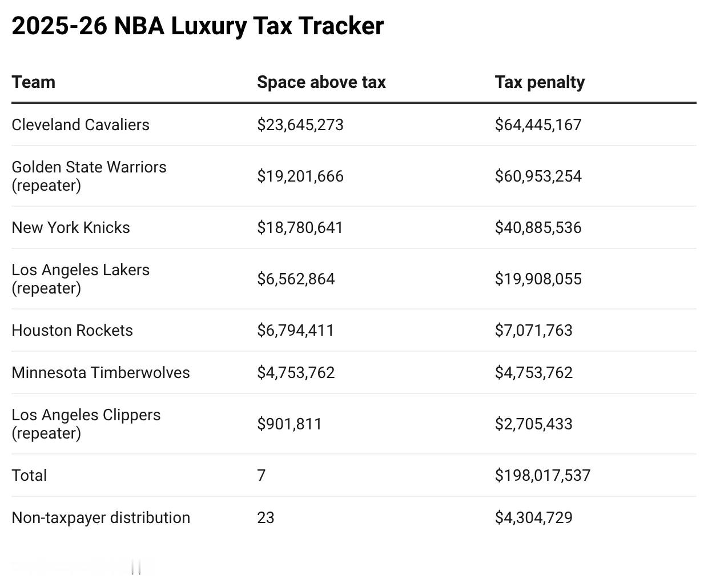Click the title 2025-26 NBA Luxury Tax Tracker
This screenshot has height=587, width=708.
pyautogui.click(x=198, y=26)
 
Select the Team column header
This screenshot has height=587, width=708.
pyautogui.click(x=34, y=82)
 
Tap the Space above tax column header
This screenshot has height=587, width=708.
pyautogui.click(x=321, y=82)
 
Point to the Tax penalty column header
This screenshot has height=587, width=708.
pyautogui.click(x=540, y=82)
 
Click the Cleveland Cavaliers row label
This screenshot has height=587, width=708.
pyautogui.click(x=81, y=124)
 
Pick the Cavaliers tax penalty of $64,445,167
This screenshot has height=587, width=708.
pyautogui.click(x=538, y=124)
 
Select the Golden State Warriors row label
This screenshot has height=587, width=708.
pyautogui.click(x=88, y=176)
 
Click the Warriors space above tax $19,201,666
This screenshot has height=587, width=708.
pyautogui.click(x=300, y=176)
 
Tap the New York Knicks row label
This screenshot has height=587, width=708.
pyautogui.click(x=71, y=227)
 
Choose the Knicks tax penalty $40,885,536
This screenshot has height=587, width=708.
pyautogui.click(x=538, y=227)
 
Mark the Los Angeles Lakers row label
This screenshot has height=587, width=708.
pyautogui.click(x=81, y=279)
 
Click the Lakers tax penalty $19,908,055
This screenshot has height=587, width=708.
pyautogui.click(x=538, y=279)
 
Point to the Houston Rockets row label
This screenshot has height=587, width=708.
pyautogui.click(x=72, y=330)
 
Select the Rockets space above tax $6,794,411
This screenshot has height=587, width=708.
pyautogui.click(x=295, y=330)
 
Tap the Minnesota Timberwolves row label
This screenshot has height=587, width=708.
pyautogui.click(x=100, y=372)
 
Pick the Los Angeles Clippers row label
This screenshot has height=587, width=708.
pyautogui.click(x=86, y=424)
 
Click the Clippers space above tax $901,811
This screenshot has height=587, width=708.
pyautogui.click(x=289, y=424)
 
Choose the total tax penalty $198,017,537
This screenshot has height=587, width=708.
pyautogui.click(x=542, y=475)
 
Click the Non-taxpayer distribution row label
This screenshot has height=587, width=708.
pyautogui.click(x=100, y=517)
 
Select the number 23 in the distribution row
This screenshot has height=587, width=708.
pyautogui.click(x=265, y=517)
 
